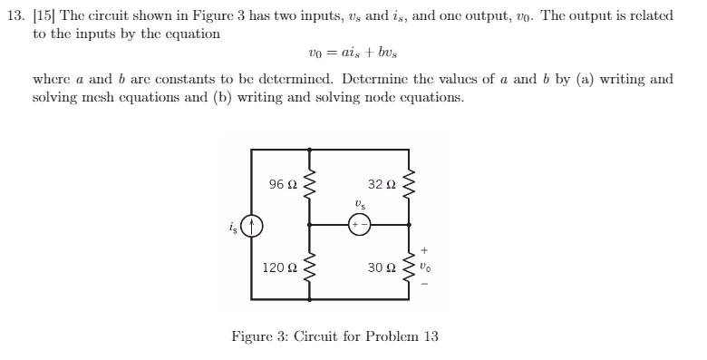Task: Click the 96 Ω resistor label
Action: [284, 184]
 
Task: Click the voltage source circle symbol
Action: [360, 225]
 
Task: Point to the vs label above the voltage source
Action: [360, 205]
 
